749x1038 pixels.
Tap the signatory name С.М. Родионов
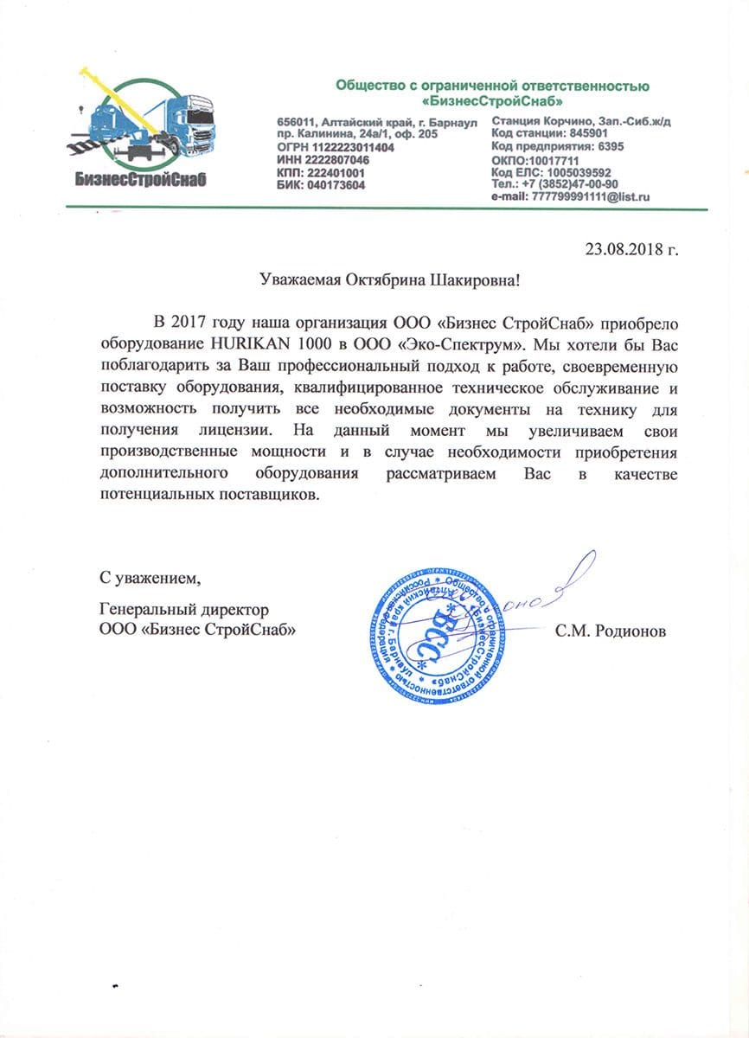click(611, 631)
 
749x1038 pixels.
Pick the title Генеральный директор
click(178, 610)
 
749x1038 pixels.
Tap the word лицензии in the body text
click(234, 430)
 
